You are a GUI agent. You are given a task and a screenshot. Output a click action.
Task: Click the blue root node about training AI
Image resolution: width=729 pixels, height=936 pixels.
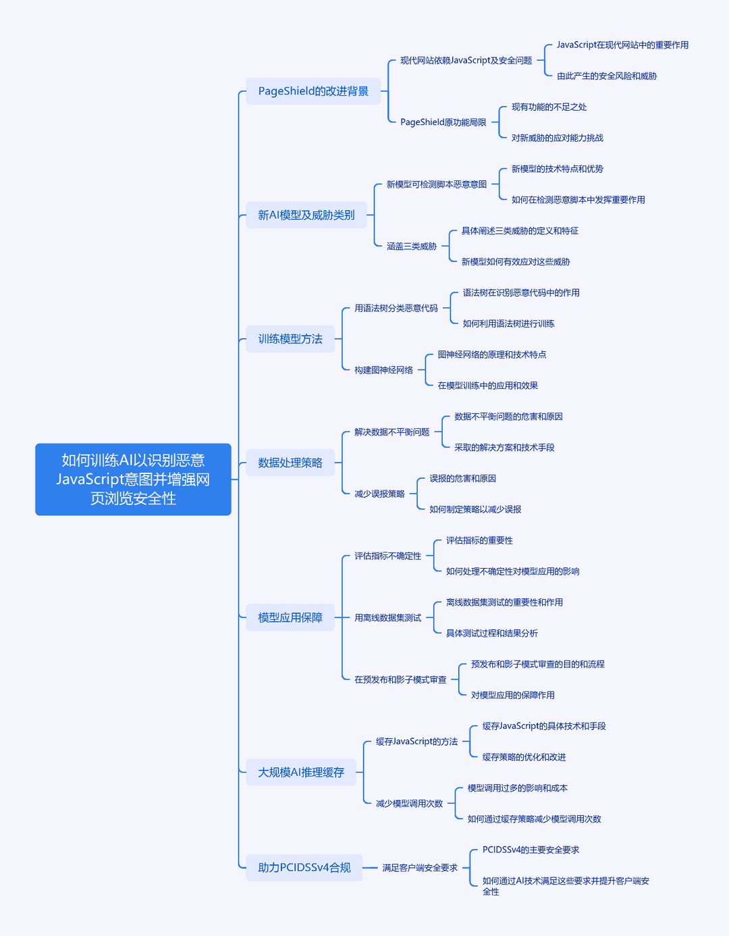click(x=133, y=479)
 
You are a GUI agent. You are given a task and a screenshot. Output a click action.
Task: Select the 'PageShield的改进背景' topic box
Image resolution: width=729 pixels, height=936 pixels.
click(x=313, y=91)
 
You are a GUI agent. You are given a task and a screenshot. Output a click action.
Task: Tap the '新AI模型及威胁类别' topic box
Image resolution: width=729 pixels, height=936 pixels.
click(x=306, y=215)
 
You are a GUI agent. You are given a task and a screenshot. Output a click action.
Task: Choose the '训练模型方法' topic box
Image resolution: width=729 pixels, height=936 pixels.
click(x=290, y=338)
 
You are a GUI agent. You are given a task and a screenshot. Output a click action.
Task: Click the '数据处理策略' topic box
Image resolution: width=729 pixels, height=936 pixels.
click(x=290, y=463)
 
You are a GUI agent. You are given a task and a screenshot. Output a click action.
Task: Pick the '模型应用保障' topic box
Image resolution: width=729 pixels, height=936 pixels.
click(x=290, y=617)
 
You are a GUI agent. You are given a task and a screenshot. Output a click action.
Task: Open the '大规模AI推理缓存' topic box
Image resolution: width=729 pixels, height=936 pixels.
click(x=301, y=773)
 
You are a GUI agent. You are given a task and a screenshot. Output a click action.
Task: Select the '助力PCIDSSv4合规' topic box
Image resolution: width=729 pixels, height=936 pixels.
click(x=304, y=868)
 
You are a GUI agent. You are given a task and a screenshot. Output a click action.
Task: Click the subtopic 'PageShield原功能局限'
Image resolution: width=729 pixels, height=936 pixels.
click(x=443, y=122)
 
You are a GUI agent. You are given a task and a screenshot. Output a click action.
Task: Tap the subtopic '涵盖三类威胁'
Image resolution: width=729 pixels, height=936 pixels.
click(x=411, y=246)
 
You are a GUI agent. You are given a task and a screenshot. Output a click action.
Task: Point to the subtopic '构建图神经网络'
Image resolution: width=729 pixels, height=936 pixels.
click(x=383, y=370)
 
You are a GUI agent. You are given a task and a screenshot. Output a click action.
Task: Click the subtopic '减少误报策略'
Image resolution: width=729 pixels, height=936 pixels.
click(x=379, y=494)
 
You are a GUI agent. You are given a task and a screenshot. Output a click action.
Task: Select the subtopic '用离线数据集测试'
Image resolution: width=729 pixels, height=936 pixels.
click(x=387, y=618)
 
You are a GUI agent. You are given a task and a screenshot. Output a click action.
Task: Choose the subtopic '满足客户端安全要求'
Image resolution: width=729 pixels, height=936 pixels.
click(x=420, y=868)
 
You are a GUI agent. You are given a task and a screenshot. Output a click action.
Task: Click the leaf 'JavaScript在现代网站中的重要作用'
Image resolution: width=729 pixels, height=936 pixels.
click(x=622, y=45)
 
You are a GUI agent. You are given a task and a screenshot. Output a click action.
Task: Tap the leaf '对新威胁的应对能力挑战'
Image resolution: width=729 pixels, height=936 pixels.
click(x=558, y=138)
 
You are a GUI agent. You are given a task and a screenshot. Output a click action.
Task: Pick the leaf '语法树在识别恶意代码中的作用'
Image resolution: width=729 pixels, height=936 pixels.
click(x=521, y=293)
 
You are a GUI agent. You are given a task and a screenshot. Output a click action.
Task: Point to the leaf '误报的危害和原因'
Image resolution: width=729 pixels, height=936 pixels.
click(x=462, y=479)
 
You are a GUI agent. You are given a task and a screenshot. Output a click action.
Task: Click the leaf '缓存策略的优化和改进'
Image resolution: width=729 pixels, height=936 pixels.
click(x=524, y=757)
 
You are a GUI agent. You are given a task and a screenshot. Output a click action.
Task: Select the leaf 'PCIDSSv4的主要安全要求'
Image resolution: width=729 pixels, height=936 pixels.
click(x=531, y=850)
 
